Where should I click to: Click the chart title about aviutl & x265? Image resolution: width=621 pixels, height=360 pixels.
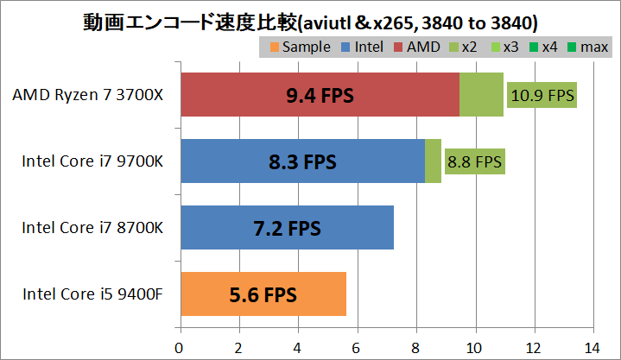point(310,18)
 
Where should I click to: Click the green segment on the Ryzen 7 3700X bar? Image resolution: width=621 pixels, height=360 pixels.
point(481,94)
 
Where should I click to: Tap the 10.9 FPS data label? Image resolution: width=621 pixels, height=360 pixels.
point(542,95)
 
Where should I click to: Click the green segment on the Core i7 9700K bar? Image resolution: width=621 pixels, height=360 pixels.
point(433,161)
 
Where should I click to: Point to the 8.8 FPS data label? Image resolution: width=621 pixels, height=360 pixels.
point(474,161)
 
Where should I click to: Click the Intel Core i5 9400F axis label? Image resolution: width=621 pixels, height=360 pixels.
point(93,294)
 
